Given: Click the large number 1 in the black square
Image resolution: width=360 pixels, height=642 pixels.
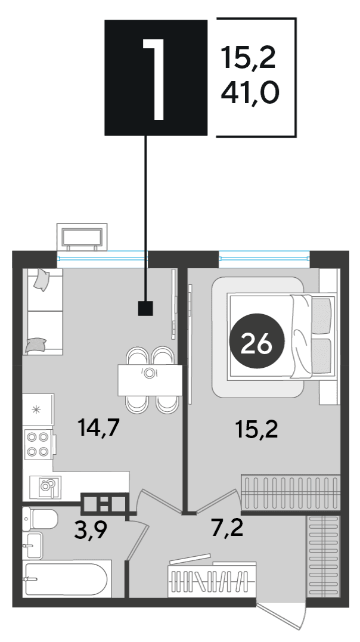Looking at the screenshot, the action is pyautogui.click(x=154, y=79).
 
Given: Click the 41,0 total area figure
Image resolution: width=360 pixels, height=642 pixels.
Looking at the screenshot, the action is pyautogui.click(x=250, y=93).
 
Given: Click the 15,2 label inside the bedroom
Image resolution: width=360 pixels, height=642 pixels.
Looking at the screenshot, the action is pyautogui.click(x=257, y=430).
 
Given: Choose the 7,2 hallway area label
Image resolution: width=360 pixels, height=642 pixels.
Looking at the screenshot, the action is pyautogui.click(x=227, y=528).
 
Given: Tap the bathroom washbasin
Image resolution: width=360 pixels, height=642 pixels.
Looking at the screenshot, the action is pyautogui.click(x=32, y=545).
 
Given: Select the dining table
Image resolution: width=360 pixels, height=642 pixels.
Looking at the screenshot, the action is pyautogui.click(x=150, y=380).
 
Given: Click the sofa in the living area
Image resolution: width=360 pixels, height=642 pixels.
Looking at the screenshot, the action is pyautogui.click(x=42, y=312).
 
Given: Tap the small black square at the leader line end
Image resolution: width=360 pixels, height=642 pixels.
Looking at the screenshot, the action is pyautogui.click(x=145, y=309).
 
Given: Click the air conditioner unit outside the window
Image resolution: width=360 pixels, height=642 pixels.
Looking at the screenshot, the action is pyautogui.click(x=82, y=237).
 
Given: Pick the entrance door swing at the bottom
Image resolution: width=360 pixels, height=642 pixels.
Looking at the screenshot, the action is pyautogui.click(x=283, y=616).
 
